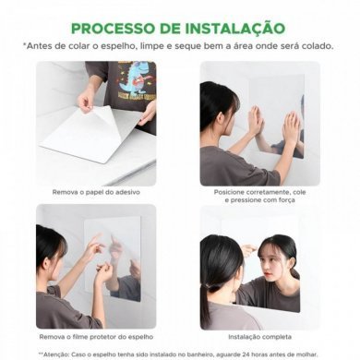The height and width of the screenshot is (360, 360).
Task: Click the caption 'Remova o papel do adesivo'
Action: pyautogui.click(x=95, y=191)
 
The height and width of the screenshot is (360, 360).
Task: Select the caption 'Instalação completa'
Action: pyautogui.click(x=259, y=338)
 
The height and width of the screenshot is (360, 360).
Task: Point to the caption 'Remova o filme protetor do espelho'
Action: pyautogui.click(x=96, y=338)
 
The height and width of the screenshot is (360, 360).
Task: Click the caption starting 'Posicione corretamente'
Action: pyautogui.click(x=259, y=191)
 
